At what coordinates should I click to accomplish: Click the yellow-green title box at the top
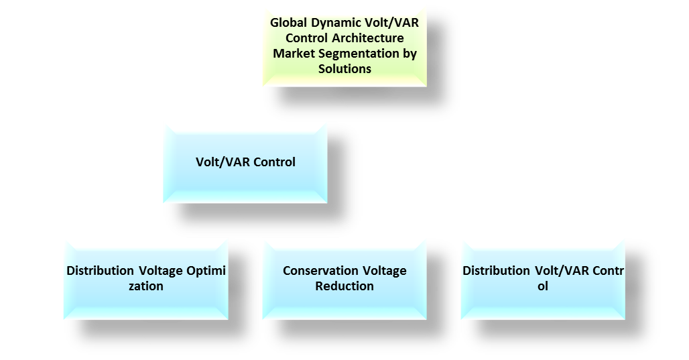point(344,46)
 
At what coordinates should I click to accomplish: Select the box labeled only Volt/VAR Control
point(245,162)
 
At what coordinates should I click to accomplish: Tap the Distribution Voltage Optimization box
point(146,278)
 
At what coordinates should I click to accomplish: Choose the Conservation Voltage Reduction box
point(344,278)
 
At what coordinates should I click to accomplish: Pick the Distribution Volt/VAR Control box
point(543,278)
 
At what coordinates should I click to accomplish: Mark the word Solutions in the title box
point(344,69)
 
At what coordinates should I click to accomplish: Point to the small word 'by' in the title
point(409,54)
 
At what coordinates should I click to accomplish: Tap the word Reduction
point(344,286)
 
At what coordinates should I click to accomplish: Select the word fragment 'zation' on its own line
point(146,286)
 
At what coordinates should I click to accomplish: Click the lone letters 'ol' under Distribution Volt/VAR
point(543,286)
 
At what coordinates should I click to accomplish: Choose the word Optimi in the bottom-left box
point(206,271)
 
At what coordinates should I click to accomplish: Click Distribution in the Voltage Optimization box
point(101,271)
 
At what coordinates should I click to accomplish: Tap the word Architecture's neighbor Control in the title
point(306,38)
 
